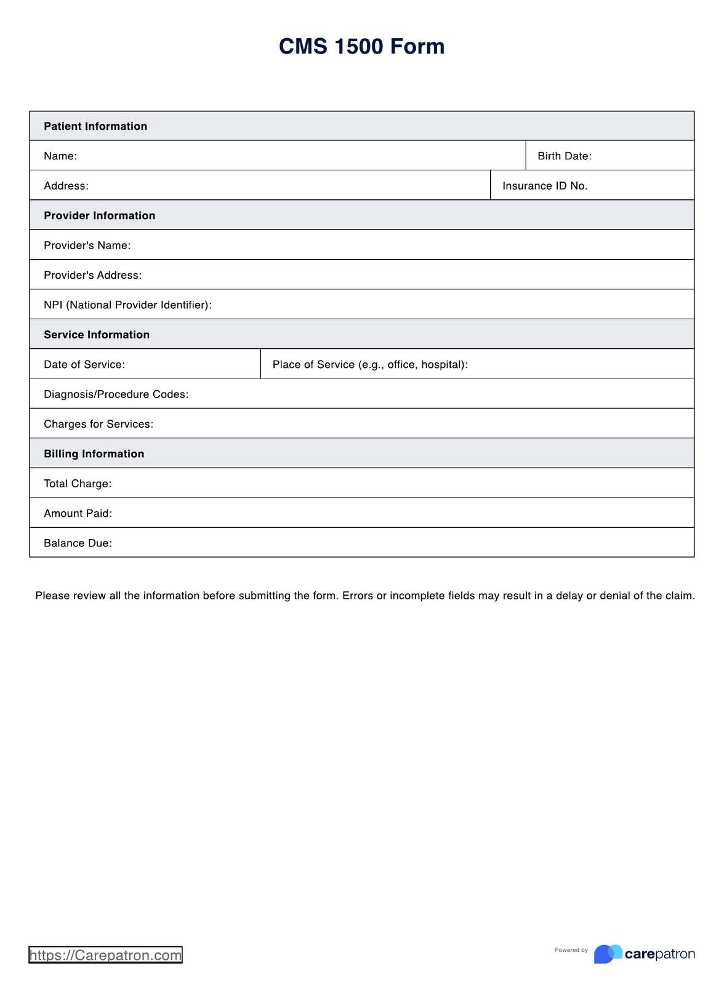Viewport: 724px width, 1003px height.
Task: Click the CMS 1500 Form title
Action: click(361, 47)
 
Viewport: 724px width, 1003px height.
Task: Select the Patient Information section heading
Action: click(95, 126)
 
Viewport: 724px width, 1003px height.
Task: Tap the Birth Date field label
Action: click(564, 156)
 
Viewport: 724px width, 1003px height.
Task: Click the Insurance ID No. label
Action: click(544, 186)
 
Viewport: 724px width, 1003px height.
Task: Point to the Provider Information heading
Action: click(99, 215)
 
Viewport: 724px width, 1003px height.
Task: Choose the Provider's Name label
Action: click(87, 246)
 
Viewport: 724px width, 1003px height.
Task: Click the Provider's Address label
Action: click(92, 275)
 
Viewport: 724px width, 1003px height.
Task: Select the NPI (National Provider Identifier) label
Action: click(127, 305)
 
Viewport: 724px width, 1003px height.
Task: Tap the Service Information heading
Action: click(97, 335)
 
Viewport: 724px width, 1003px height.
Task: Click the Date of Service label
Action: click(84, 365)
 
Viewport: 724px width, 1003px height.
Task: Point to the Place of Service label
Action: click(369, 365)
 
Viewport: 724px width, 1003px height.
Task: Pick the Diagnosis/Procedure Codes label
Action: click(116, 394)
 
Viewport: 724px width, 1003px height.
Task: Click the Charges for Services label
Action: click(99, 425)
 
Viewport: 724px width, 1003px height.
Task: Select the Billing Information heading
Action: click(94, 454)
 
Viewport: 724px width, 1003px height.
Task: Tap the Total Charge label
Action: click(78, 484)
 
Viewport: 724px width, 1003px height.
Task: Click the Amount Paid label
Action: click(78, 514)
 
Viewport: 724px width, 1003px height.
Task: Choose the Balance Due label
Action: click(78, 543)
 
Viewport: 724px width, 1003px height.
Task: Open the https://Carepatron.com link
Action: click(105, 955)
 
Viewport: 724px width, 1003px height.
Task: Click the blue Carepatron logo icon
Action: click(608, 954)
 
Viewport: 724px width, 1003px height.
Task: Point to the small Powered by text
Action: click(571, 950)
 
